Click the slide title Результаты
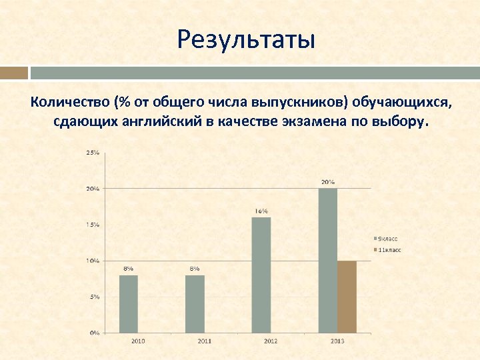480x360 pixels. coord(245,40)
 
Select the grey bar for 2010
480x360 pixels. coord(129,303)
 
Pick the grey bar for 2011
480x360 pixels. coord(195,303)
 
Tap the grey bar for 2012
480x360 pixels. coord(261,275)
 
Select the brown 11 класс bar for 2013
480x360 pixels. coord(347,297)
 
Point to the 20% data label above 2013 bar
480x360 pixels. coord(327,182)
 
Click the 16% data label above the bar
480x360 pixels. coord(261,211)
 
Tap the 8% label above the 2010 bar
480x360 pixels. coord(129,268)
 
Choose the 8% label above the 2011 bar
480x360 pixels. coord(195,268)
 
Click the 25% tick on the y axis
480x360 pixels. coord(92,153)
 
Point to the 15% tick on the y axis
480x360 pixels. coord(92,225)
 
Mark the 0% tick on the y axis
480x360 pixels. coord(94,332)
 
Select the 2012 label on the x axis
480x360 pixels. coord(271,341)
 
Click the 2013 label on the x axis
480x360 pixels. coord(337,341)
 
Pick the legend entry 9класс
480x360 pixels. coord(387,238)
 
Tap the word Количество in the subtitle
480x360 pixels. coord(69,102)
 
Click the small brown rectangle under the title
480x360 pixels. coord(14,72)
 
